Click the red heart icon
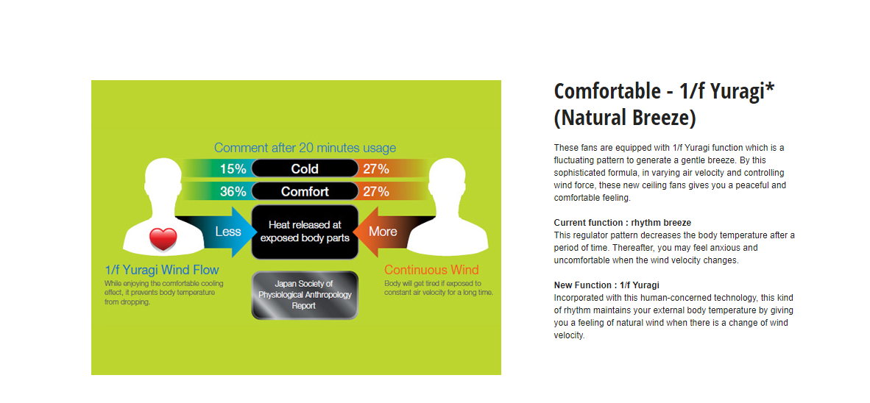coord(163,240)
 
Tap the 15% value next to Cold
coord(233,168)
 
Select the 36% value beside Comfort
coord(233,192)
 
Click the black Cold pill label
coord(305,168)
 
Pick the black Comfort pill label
coord(305,192)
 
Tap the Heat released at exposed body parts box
coord(305,232)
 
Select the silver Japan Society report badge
coord(305,295)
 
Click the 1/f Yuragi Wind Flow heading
coord(162,271)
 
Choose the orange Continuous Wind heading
coord(431,271)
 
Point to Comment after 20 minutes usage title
coord(305,148)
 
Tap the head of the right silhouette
coord(448,178)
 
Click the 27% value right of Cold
coord(375,168)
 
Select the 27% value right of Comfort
coord(375,192)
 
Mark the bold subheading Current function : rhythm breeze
coord(623,223)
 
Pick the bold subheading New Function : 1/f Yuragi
coord(606,285)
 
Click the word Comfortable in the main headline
coord(605,91)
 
